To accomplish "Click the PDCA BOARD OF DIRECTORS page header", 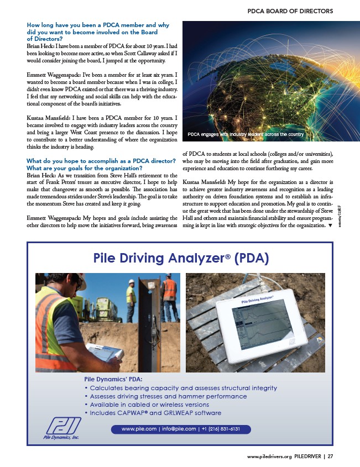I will (x=290, y=11).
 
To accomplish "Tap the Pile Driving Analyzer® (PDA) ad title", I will (x=181, y=258).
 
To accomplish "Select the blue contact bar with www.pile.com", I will (x=181, y=429).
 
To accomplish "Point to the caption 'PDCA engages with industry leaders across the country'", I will (x=246, y=134).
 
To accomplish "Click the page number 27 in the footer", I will (x=330, y=456).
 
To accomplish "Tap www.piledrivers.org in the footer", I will (x=269, y=456).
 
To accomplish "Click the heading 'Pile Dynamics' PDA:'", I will (x=113, y=379).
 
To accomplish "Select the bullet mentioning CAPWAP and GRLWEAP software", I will (x=153, y=413).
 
